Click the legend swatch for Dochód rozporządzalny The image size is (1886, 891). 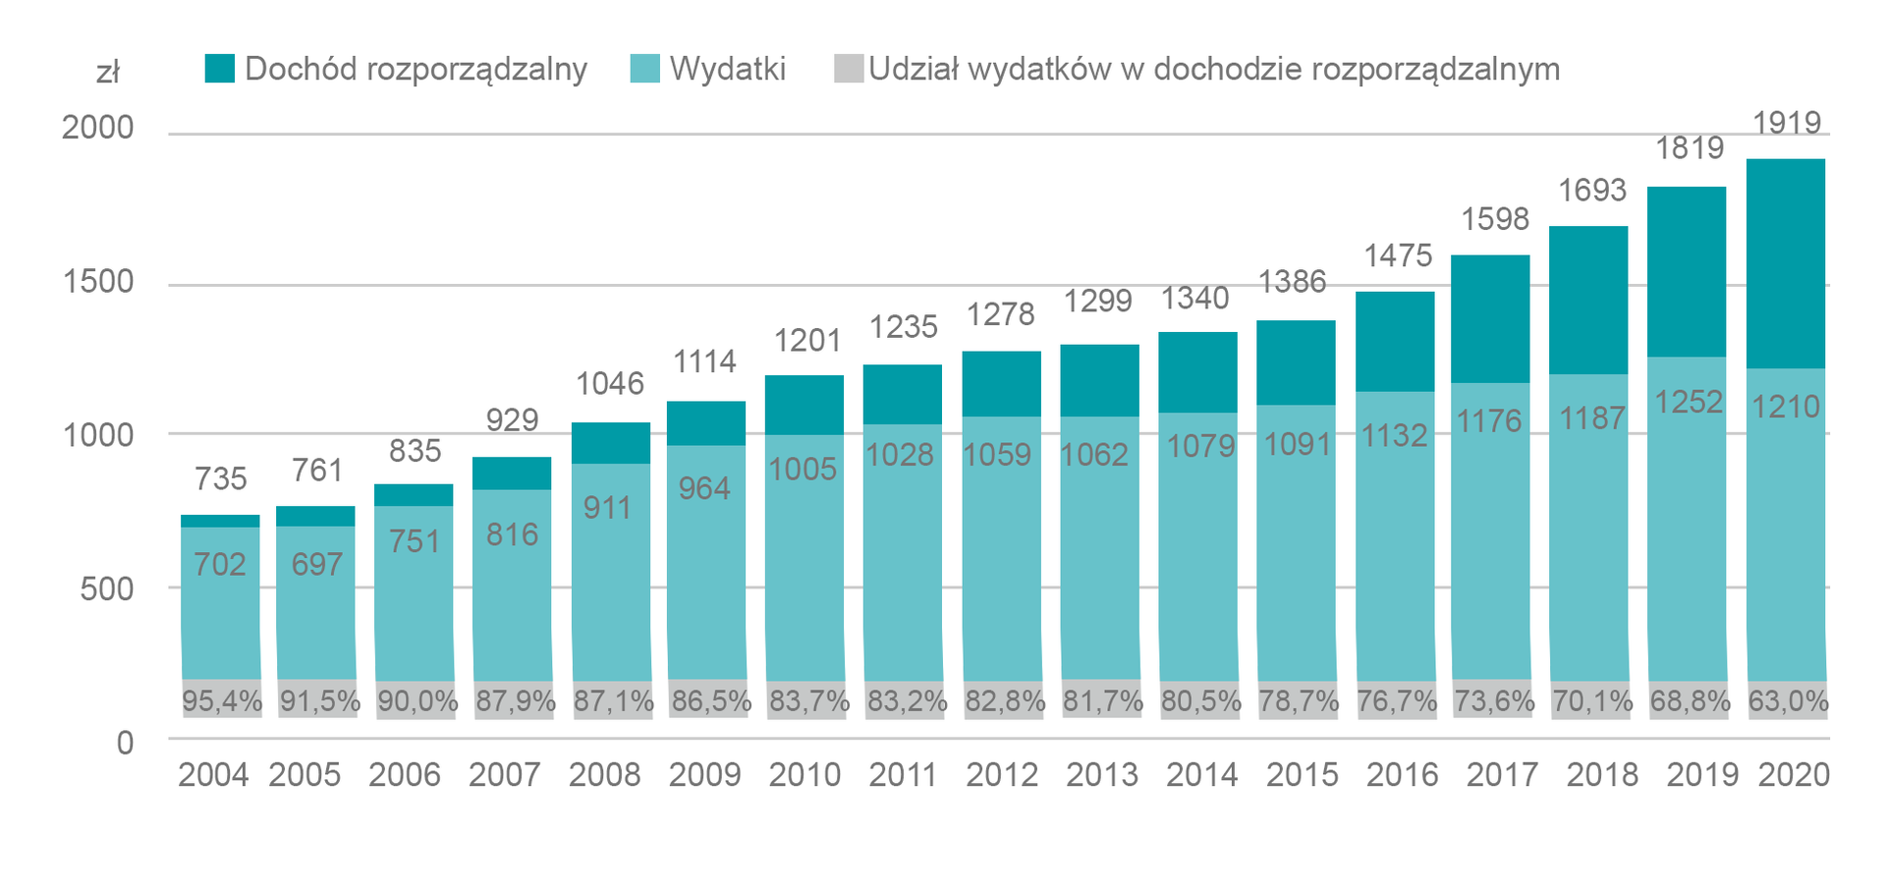(220, 69)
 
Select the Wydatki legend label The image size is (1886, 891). (727, 69)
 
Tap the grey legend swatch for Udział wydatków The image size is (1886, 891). (848, 69)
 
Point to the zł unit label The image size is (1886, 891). (107, 72)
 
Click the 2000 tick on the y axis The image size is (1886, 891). (97, 128)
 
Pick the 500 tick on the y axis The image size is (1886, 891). (107, 588)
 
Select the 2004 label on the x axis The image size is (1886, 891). (213, 775)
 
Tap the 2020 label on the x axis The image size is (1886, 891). (1794, 775)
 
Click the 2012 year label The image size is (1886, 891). (1002, 775)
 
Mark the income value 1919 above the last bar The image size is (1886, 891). (1787, 123)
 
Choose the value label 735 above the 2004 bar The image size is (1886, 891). (220, 478)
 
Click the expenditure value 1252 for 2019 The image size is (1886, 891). (1689, 402)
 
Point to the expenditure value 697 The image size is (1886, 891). (316, 564)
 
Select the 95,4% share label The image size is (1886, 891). (222, 701)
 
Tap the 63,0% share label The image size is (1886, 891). (1788, 701)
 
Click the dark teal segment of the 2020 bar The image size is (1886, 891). (1786, 263)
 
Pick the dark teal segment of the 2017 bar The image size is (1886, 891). (1490, 318)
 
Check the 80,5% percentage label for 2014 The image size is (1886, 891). (1200, 701)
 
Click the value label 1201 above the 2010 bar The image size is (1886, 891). (807, 341)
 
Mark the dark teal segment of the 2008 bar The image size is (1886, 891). (610, 443)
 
